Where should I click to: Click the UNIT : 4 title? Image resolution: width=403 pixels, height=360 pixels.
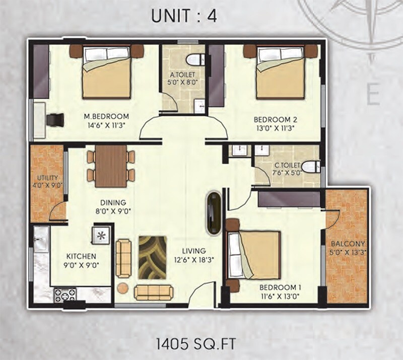[x=184, y=16]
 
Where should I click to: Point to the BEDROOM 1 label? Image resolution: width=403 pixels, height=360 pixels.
[x=280, y=287]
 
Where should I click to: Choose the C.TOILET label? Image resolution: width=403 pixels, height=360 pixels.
[x=287, y=165]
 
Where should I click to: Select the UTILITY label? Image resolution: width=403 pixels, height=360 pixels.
[x=47, y=178]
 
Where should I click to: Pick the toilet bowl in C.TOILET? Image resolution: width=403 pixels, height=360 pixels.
[x=312, y=166]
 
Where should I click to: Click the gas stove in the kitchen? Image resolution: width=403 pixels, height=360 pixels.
[x=65, y=294]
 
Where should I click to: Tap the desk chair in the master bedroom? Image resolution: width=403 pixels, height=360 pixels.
[x=55, y=120]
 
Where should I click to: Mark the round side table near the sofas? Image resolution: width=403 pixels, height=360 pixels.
[x=122, y=289]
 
